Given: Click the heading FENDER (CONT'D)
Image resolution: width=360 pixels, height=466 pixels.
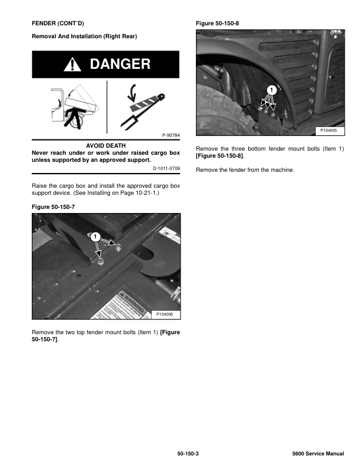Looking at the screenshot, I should tap(58, 23).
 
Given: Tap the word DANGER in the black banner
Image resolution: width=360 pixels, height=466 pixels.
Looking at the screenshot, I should tap(120, 65).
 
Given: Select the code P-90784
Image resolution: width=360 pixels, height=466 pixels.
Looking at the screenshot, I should tap(170, 135).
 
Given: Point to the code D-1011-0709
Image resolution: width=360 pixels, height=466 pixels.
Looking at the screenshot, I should tap(165, 169).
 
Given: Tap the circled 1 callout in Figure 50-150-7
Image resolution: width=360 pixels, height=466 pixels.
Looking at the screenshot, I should tap(95, 237).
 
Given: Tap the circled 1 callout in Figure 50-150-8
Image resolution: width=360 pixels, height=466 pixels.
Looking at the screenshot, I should tap(271, 90).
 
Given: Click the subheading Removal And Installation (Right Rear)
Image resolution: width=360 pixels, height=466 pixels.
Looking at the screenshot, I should tap(84, 36).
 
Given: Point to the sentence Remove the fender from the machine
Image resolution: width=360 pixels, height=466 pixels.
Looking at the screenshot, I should tap(244, 170).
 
